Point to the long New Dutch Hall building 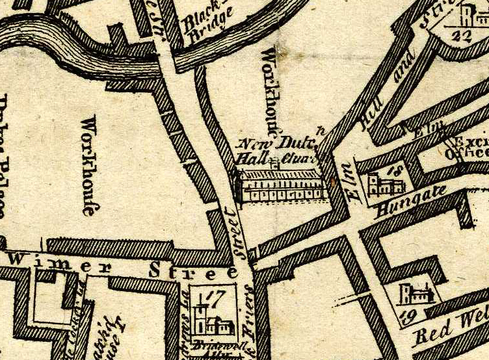tap(280, 186)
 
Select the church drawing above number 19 tap(416, 294)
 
